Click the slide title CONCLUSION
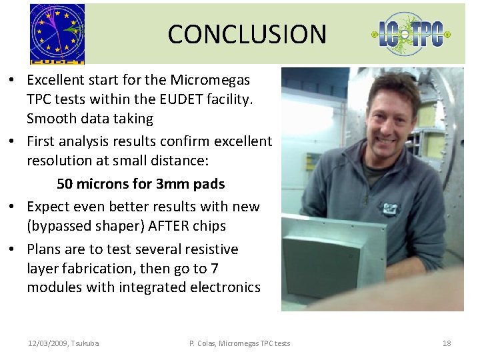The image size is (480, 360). click(247, 34)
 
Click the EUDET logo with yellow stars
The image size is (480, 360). click(57, 33)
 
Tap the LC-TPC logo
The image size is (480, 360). click(411, 34)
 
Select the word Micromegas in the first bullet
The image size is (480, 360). click(209, 81)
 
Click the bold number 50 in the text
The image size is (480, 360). click(65, 184)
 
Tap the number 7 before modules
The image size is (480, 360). click(214, 269)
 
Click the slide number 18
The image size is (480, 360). click(447, 343)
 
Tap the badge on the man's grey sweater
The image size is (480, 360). click(389, 208)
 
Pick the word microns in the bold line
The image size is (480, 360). click(103, 184)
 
